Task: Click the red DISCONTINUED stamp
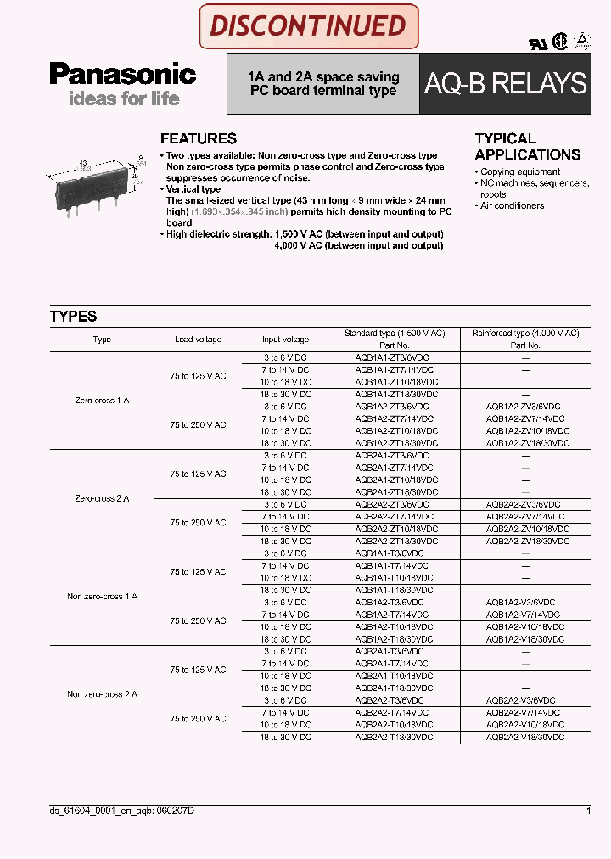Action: point(308,26)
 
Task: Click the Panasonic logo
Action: point(122,75)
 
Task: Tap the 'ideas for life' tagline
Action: point(124,98)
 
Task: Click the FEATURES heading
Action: point(199,138)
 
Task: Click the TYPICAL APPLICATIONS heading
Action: point(527,147)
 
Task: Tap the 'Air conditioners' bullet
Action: point(512,205)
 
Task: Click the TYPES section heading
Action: point(74,317)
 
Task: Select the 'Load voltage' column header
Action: point(198,340)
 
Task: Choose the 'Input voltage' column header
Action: point(285,340)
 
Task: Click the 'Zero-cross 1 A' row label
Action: point(102,400)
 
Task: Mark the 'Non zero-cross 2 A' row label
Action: point(102,694)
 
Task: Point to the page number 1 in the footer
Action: point(588,811)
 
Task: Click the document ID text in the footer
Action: point(122,811)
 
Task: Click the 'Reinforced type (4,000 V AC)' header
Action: point(525,334)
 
